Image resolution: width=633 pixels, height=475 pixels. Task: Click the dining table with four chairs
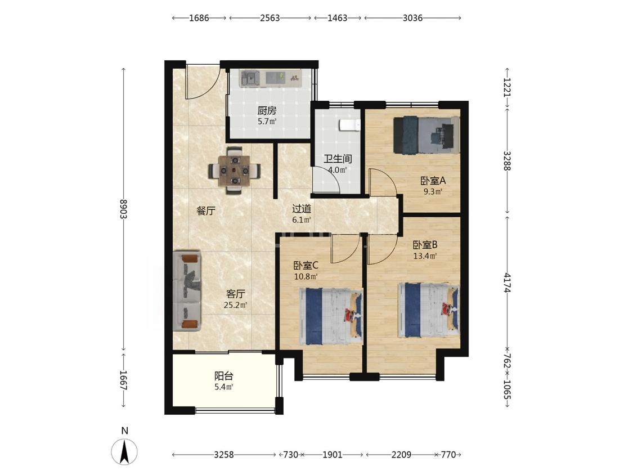(234, 171)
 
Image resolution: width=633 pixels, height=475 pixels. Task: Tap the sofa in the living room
(187, 291)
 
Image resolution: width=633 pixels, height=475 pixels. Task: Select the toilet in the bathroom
(349, 125)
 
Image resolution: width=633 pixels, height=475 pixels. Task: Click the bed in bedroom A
(427, 135)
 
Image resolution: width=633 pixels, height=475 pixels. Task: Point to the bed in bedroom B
(429, 310)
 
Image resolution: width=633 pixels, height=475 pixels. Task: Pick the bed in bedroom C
(331, 316)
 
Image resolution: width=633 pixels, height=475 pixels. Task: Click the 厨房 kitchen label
(267, 110)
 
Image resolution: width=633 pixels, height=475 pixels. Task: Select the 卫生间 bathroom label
(338, 159)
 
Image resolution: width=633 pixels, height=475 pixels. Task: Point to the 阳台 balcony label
(223, 377)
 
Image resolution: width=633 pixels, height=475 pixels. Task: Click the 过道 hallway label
(302, 209)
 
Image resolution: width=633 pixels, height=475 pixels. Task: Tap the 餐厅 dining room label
(206, 210)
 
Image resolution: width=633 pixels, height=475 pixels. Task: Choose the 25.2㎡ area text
(235, 306)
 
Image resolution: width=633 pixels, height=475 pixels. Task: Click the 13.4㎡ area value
(425, 256)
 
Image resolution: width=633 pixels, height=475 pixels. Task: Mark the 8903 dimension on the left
(124, 209)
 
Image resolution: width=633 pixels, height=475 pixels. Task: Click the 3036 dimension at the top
(412, 18)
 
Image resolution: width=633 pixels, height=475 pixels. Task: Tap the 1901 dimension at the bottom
(333, 455)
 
